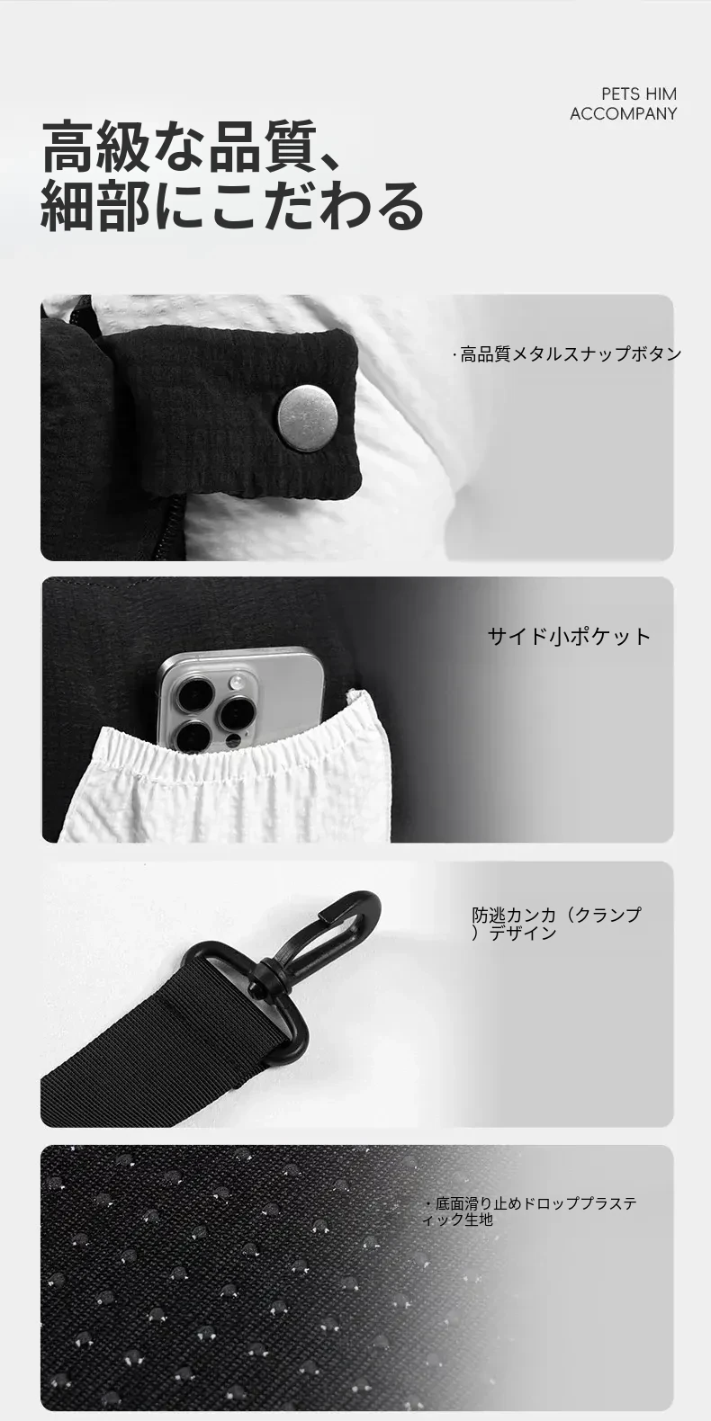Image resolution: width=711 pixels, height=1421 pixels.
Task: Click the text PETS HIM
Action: [639, 94]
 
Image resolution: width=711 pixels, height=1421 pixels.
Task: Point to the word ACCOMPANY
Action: [623, 113]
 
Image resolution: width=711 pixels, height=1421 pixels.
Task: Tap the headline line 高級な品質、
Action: [192, 147]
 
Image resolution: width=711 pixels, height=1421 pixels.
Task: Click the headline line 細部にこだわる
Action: [232, 205]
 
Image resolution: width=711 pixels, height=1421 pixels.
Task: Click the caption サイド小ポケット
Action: [570, 636]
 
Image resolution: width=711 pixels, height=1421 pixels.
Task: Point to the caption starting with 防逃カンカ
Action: [556, 924]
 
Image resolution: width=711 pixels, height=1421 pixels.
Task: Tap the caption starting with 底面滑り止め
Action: [531, 1211]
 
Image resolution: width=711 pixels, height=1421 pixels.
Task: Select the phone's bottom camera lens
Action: [193, 737]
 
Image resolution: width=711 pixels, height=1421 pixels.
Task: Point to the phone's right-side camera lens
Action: [236, 714]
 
